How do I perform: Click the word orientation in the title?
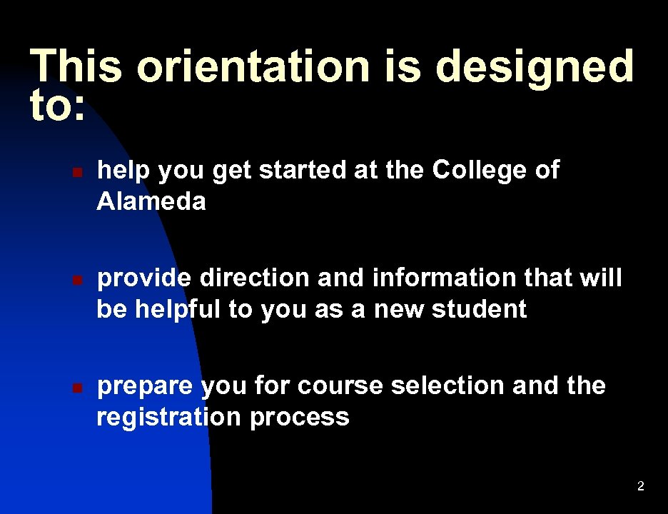pyautogui.click(x=253, y=66)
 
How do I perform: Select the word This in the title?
pyautogui.click(x=74, y=66)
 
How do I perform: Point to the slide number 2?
pyautogui.click(x=640, y=487)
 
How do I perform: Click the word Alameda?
pyautogui.click(x=151, y=202)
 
